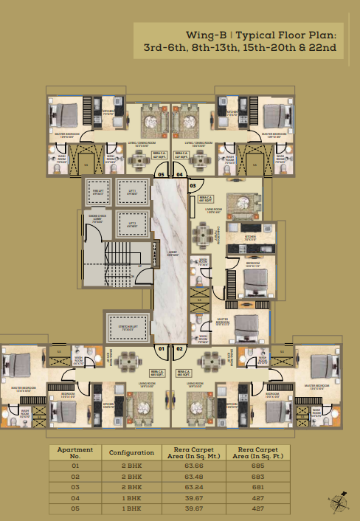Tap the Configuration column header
click(131, 452)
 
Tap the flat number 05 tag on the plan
click(162, 175)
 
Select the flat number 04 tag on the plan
click(181, 175)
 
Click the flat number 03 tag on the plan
click(193, 186)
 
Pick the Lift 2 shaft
click(132, 224)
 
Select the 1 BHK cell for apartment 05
click(131, 508)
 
